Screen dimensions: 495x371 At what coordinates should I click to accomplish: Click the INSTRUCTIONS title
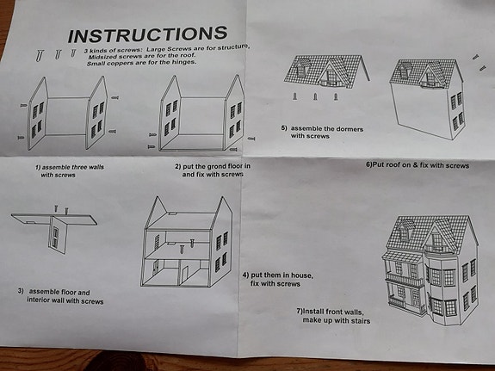point(147,34)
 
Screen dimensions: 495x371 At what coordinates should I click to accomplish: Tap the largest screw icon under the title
point(39,56)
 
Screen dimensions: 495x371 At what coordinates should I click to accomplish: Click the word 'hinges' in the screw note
point(184,62)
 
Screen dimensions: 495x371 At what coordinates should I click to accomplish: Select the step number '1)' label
point(38,167)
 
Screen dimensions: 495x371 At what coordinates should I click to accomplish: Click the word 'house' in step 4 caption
point(302,275)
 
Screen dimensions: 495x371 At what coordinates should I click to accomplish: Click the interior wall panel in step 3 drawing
point(59,234)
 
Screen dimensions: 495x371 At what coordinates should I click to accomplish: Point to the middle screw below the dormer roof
point(315,96)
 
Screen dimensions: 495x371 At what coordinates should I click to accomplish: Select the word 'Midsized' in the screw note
point(102,57)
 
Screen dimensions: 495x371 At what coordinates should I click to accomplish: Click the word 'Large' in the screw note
point(156,50)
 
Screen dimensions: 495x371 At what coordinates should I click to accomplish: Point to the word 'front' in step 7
point(334,312)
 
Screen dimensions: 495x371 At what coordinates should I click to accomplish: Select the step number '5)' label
point(284,128)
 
